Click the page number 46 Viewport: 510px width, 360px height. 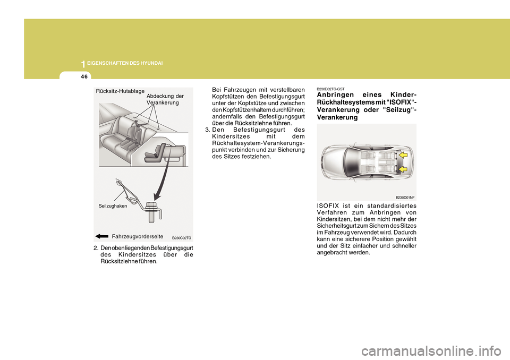coord(84,77)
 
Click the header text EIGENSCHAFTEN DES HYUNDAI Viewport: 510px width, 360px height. coord(125,63)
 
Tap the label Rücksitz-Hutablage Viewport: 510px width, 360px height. coord(120,91)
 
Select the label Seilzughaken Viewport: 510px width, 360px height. coord(113,206)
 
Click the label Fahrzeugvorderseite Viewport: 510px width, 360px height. coord(137,236)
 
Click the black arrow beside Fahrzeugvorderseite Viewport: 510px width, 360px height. coord(102,236)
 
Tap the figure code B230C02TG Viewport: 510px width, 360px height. coord(182,238)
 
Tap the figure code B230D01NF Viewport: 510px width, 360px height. coord(405,198)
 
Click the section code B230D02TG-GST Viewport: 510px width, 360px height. coord(330,89)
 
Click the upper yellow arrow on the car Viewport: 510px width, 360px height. coord(403,155)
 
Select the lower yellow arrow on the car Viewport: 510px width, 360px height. coord(403,169)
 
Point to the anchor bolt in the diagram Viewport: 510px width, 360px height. coord(150,212)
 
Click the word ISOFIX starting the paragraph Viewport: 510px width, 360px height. coord(328,206)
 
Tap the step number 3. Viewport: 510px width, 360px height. coord(207,130)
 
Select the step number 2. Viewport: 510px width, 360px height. coord(95,248)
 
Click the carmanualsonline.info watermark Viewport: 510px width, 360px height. coord(431,351)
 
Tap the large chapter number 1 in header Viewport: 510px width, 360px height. coord(83,64)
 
